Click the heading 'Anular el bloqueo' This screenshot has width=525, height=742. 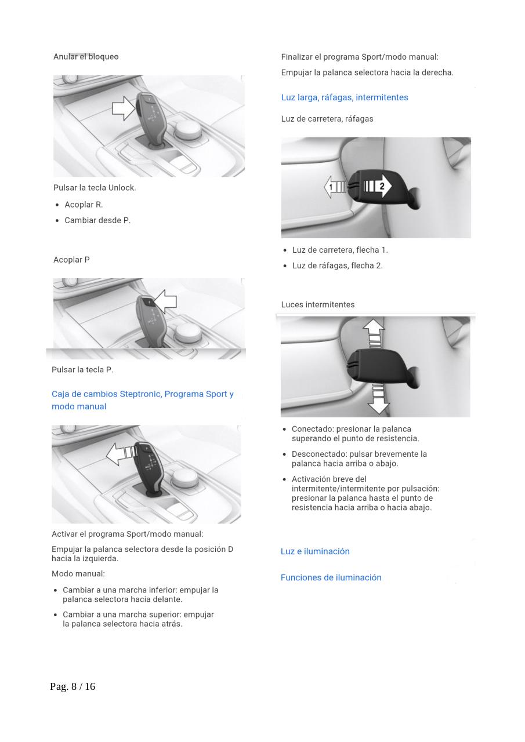click(86, 57)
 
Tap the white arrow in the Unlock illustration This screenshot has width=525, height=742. click(123, 108)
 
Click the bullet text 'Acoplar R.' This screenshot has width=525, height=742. click(84, 205)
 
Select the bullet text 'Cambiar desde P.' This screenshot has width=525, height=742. click(97, 220)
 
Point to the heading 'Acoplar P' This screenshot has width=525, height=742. click(71, 260)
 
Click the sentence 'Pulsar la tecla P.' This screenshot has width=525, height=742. click(82, 370)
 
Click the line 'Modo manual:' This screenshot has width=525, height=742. click(78, 574)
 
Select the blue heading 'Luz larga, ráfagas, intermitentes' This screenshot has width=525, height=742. click(345, 97)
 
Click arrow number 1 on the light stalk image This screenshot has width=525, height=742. click(334, 187)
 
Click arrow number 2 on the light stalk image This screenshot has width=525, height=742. click(379, 186)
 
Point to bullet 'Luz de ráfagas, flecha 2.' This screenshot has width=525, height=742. click(337, 265)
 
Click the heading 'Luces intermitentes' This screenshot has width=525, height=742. click(318, 305)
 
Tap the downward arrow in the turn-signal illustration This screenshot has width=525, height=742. click(378, 399)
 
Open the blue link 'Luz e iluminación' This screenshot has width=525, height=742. click(315, 551)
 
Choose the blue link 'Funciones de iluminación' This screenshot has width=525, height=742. click(331, 577)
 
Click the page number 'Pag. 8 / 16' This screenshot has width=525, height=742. click(73, 686)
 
